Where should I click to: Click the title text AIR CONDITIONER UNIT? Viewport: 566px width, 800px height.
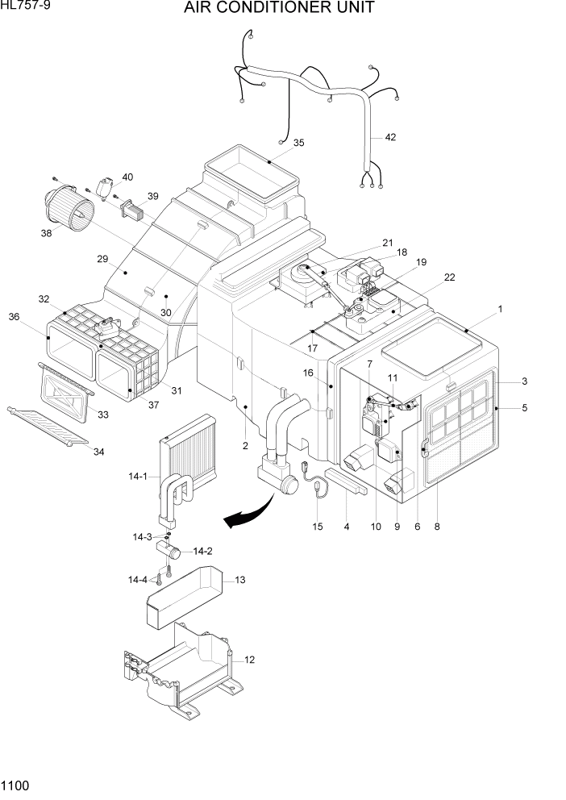(279, 9)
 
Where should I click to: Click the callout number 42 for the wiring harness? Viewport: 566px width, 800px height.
(390, 137)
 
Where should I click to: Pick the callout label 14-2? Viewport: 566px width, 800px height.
(203, 552)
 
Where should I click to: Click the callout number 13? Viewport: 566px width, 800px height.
(239, 580)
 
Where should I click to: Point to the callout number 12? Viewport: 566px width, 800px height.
(249, 660)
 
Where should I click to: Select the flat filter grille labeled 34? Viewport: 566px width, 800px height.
(48, 425)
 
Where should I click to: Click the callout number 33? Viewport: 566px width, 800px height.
(102, 415)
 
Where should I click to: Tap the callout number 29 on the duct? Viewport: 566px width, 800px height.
(102, 259)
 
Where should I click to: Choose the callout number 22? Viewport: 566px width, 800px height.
(449, 277)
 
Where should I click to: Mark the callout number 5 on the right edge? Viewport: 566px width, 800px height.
(524, 408)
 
